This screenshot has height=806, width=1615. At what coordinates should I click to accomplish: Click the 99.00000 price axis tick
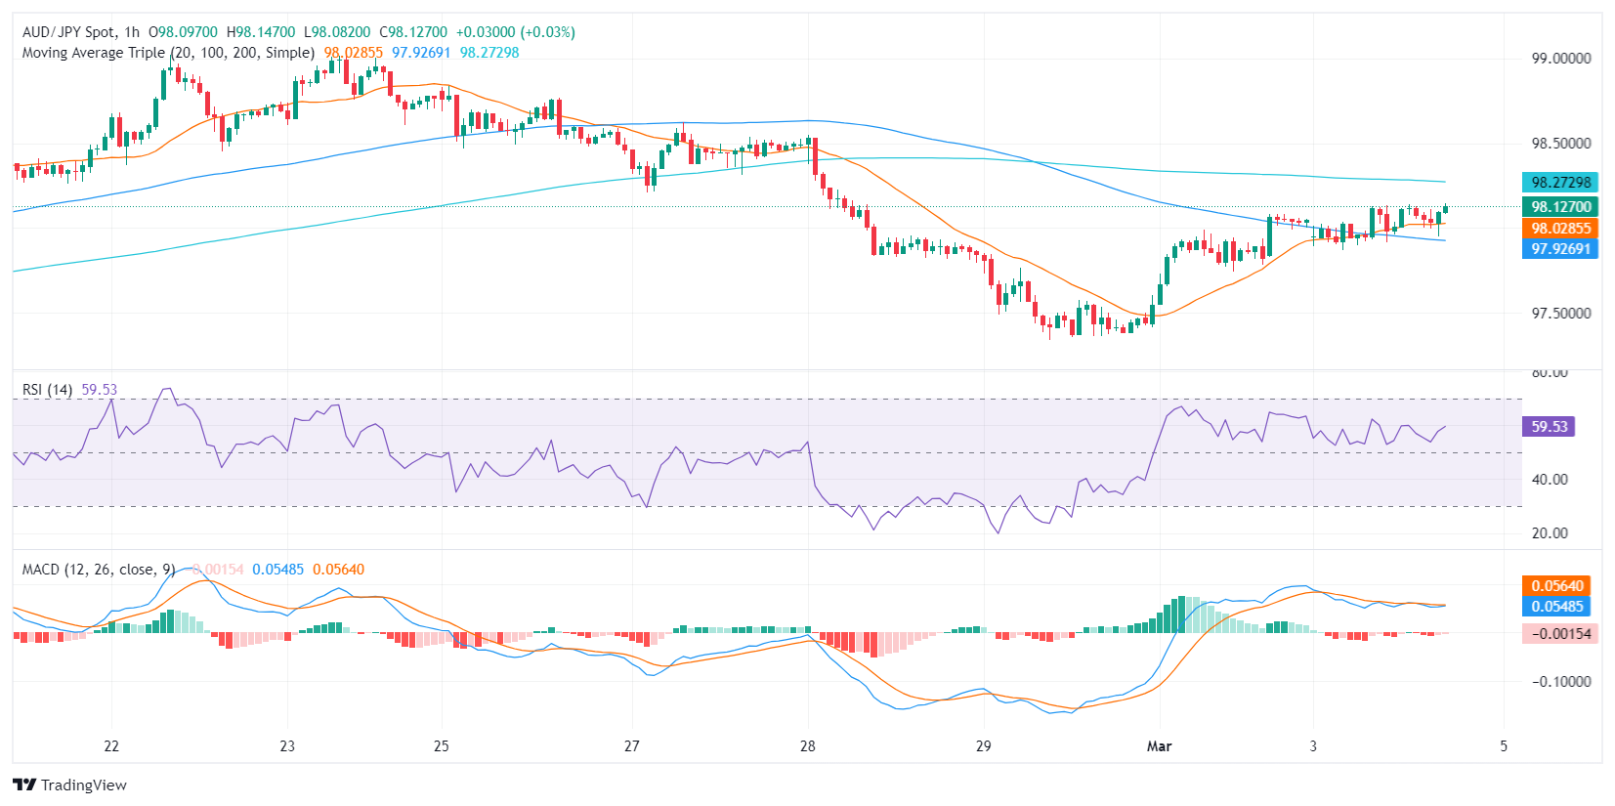coord(1560,59)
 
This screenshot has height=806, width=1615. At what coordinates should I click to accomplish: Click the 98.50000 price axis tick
coord(1560,144)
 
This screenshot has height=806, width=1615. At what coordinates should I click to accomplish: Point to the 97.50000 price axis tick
coord(1560,314)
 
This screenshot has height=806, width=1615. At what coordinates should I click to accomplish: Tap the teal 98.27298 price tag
coord(1560,183)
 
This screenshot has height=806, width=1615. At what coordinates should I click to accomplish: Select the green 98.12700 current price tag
coord(1560,207)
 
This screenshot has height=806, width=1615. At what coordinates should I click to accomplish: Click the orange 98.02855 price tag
coord(1560,229)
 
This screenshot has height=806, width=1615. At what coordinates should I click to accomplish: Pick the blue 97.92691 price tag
coord(1560,249)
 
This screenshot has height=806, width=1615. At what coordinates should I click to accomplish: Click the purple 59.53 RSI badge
coord(1549,427)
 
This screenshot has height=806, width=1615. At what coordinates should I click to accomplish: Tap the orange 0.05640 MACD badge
coord(1556,586)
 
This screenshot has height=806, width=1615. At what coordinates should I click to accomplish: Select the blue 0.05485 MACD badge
coord(1556,607)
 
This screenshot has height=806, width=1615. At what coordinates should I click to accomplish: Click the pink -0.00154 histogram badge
coord(1560,634)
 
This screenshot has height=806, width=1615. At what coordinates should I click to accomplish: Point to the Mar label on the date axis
coord(1159,746)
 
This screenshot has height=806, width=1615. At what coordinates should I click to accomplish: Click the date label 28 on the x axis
coord(807,746)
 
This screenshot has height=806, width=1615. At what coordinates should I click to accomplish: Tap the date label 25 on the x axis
coord(442,746)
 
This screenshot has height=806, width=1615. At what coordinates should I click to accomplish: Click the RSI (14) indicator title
coord(47,390)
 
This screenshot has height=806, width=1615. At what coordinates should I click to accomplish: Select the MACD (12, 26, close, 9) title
coord(98,570)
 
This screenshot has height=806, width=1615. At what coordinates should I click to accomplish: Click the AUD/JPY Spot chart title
coord(67,32)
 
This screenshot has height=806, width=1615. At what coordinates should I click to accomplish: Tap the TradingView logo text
coord(83,785)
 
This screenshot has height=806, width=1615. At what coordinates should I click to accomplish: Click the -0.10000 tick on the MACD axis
coord(1559,682)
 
